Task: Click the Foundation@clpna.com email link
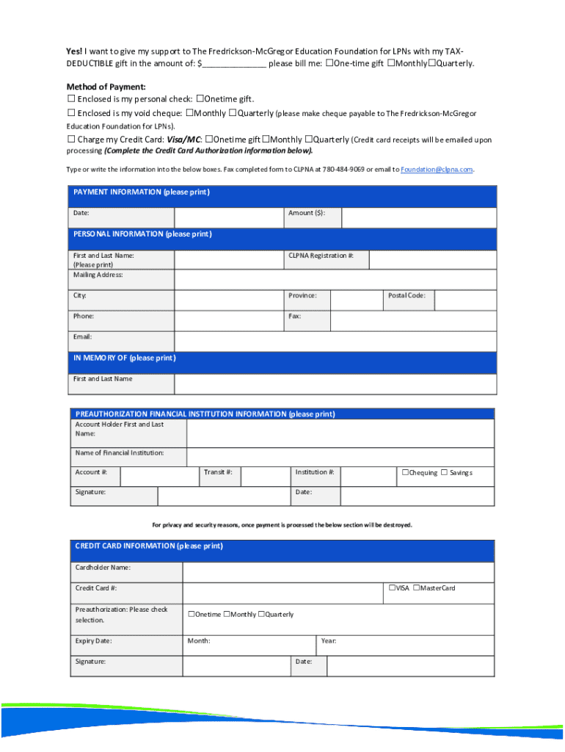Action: click(437, 170)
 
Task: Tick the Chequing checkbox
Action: click(404, 472)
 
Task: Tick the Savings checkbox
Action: click(444, 472)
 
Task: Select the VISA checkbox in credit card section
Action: click(392, 587)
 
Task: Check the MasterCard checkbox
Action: click(417, 587)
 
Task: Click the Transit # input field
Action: click(264, 476)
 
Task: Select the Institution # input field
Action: click(369, 476)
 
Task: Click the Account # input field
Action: click(159, 476)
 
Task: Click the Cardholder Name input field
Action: click(338, 572)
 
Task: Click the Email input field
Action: click(335, 341)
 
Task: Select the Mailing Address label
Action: click(98, 275)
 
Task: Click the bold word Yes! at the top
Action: click(73, 51)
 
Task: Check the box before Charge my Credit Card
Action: click(71, 140)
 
